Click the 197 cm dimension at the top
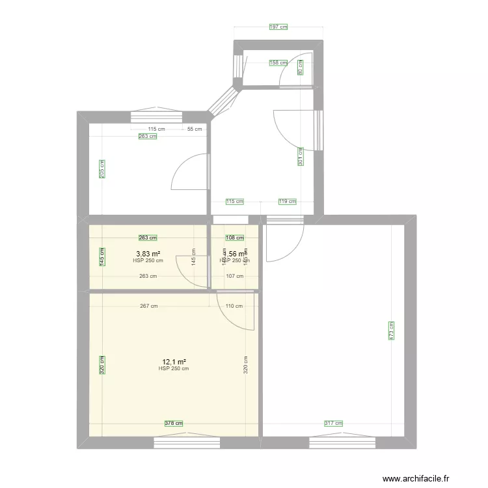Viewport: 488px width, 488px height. pos(278,27)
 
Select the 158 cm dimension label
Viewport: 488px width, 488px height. pos(278,63)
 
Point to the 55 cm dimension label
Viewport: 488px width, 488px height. pos(195,129)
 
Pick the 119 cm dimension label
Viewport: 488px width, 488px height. pos(287,202)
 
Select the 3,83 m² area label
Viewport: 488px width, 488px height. pos(148,254)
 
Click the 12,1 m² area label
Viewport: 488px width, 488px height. pos(174,362)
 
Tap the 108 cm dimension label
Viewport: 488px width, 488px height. pos(234,238)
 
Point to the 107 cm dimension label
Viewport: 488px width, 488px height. pos(234,276)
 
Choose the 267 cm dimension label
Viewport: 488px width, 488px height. pos(149,306)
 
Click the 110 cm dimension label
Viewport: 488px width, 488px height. pos(234,306)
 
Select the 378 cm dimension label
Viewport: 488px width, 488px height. pos(174,424)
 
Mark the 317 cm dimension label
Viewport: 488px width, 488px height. pos(333,424)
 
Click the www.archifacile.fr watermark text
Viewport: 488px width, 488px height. pos(416,479)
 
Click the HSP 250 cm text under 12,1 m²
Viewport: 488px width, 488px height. pos(174,369)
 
